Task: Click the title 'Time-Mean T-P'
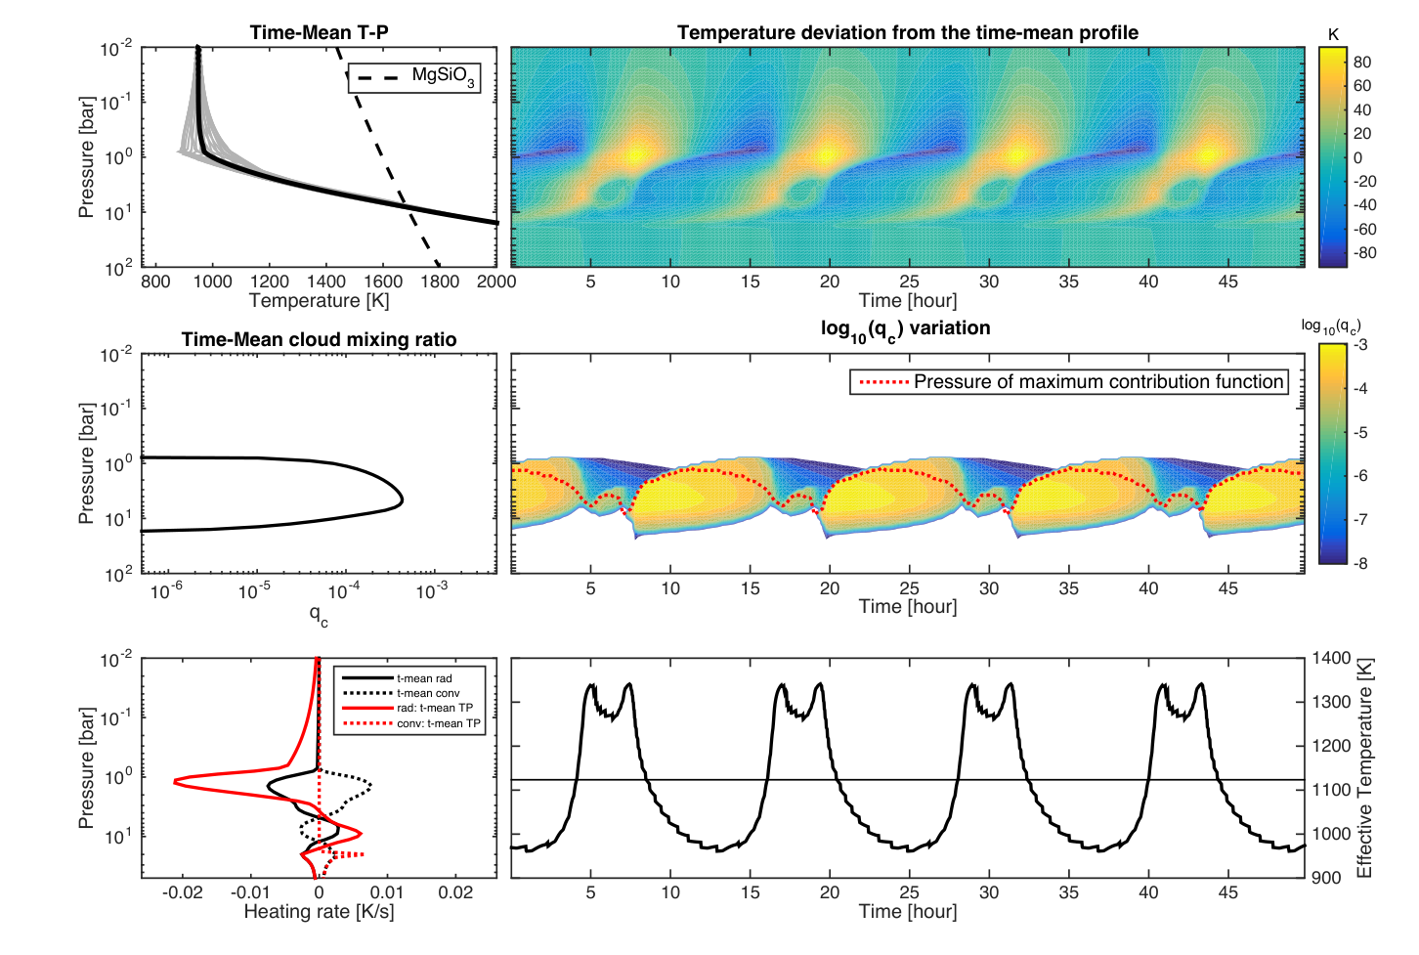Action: point(319,32)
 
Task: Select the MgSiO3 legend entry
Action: point(414,78)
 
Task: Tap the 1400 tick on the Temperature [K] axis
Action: point(326,282)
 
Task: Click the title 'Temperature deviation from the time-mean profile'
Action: point(908,32)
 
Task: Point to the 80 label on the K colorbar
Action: point(1362,63)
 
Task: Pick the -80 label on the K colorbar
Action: point(1359,253)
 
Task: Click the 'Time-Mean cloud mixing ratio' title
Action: point(319,339)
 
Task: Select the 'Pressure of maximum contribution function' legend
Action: point(1069,382)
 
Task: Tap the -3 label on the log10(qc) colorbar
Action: point(1360,345)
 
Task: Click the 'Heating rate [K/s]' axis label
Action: point(319,912)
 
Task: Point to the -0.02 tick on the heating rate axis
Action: point(183,892)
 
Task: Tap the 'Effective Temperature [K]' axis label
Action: point(1364,768)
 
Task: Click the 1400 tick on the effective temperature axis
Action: point(1332,659)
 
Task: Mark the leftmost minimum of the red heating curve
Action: point(175,782)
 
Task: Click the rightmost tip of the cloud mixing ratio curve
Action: point(403,499)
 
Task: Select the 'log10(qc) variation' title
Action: point(905,329)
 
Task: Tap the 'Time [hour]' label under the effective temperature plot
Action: point(908,912)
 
